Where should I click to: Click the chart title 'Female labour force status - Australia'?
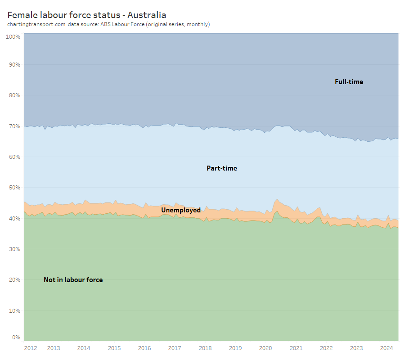(x=87, y=15)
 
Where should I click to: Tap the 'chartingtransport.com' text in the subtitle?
(x=36, y=24)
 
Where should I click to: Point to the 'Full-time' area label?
(x=349, y=82)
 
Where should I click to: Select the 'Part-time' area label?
(x=221, y=168)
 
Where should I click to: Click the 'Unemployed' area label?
(x=181, y=210)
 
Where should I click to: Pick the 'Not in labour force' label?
(x=73, y=280)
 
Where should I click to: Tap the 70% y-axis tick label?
(x=14, y=126)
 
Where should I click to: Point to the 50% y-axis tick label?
(x=14, y=188)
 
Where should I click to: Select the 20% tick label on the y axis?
(x=14, y=280)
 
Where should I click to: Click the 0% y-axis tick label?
(x=16, y=337)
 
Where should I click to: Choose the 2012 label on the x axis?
(x=31, y=348)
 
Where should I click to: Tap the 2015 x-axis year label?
(x=114, y=348)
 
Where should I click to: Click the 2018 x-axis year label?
(x=205, y=348)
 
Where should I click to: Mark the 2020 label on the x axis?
(x=265, y=348)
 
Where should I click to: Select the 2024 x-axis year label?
(x=387, y=348)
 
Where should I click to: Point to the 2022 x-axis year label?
(x=326, y=348)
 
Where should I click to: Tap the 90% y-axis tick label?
(x=14, y=65)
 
